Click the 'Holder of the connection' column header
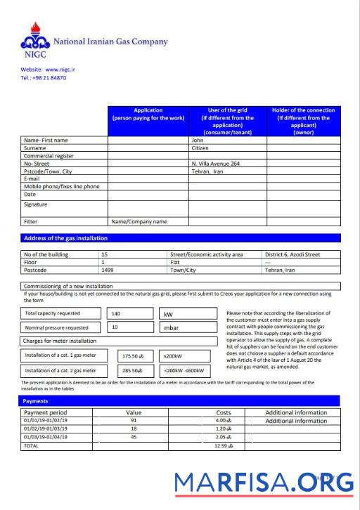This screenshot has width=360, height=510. click(303, 121)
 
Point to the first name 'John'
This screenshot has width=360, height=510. click(198, 140)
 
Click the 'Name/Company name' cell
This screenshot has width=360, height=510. click(139, 221)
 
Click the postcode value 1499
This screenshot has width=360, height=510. click(108, 270)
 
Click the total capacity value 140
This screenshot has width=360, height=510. click(116, 313)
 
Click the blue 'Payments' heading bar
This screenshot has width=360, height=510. click(181, 400)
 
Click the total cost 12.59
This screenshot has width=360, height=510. click(224, 445)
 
